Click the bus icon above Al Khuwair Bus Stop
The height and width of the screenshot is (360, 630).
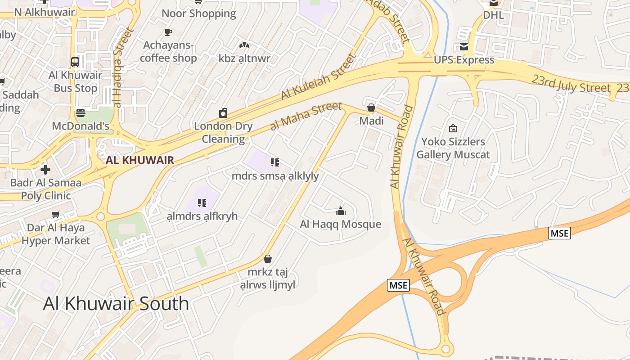point(75,62)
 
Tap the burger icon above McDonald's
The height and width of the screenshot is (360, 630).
point(81,112)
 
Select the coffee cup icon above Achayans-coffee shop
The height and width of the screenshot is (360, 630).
point(168,32)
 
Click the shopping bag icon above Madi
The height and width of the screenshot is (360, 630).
point(371,108)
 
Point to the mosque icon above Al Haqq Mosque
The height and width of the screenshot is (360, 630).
point(341,211)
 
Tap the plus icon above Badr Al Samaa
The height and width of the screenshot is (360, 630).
point(45,170)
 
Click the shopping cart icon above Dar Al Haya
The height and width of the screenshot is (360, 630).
point(56,215)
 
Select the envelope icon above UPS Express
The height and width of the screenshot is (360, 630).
point(464,47)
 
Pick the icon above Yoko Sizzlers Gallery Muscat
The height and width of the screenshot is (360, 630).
point(453,129)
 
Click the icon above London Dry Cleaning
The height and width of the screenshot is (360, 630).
point(223,112)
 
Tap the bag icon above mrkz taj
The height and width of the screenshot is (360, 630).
point(268,259)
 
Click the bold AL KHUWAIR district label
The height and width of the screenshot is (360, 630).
point(139,160)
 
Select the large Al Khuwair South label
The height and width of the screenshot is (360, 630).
point(116,304)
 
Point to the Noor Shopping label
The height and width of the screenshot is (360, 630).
point(199,13)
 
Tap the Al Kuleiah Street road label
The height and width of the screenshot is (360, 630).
point(318,77)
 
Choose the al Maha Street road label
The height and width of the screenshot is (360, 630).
point(306,116)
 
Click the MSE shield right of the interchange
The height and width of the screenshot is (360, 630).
point(559,233)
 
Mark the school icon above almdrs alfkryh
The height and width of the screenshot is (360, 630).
point(202,203)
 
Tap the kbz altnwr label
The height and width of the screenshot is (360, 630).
point(244,58)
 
